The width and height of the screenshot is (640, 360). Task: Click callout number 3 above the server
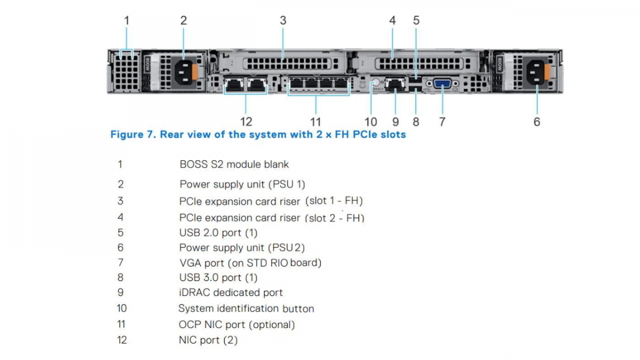pos(283,21)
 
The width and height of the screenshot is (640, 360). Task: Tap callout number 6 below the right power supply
pos(537,122)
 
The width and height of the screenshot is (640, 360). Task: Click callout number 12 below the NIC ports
pos(246,122)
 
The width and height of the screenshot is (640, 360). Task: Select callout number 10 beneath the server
pos(370,122)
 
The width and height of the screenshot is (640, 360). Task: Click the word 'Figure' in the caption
pos(126,134)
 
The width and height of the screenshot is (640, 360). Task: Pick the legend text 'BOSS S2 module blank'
pos(234,164)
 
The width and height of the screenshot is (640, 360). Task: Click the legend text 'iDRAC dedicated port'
pos(231,292)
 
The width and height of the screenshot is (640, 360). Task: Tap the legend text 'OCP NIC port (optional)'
pos(237,324)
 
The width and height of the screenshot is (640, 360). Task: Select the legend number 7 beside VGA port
pos(121,262)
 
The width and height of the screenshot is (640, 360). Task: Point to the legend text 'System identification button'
pos(246,308)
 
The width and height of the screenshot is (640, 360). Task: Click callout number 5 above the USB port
pos(416,21)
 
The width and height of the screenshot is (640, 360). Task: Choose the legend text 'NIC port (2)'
pos(208,340)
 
